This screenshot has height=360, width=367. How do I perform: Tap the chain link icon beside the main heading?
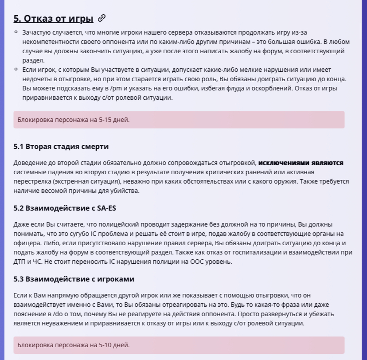(102, 18)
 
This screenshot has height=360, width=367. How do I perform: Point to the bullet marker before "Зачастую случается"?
(16, 32)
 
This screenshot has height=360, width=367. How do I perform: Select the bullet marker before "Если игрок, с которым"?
(16, 70)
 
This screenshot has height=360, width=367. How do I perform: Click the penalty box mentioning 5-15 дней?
(179, 120)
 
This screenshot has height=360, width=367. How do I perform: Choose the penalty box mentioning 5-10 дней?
(179, 344)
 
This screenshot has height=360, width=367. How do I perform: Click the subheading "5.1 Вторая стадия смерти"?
(61, 146)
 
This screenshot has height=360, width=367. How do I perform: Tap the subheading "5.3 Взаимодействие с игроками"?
(74, 279)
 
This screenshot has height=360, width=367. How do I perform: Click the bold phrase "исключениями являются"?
(301, 163)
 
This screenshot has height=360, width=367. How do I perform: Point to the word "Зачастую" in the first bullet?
(36, 32)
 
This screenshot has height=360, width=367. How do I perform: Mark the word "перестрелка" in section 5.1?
(33, 182)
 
